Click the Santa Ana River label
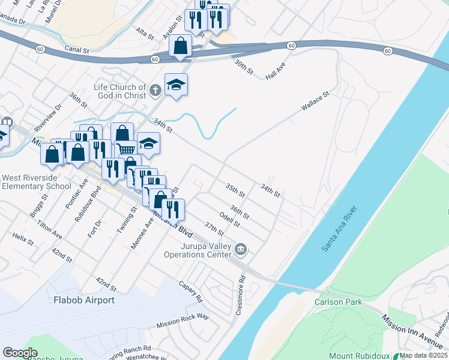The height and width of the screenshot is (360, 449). coord(340,229)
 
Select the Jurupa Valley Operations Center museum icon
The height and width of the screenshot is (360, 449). coord(241,248)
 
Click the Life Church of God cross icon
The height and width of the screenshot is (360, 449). coord(155,91)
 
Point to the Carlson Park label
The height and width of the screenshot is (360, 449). coord(339,302)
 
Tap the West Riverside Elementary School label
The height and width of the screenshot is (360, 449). coord(37,182)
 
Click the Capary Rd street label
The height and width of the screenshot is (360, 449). coord(191,291)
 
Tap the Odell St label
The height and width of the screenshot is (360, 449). coord(230,220)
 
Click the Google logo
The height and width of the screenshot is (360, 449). coord(20,353)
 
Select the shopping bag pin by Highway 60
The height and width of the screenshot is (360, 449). coord(180,45)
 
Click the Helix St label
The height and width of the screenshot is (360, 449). coord(23,238)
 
